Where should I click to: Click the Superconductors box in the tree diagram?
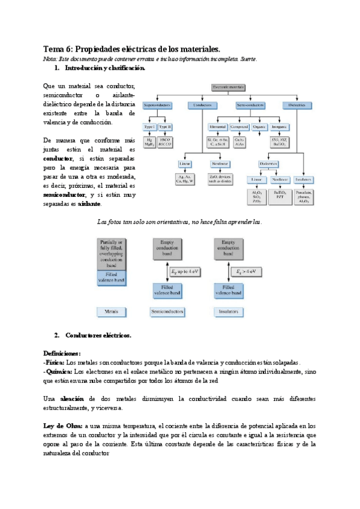tap(158, 105)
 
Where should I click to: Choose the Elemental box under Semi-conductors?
tap(217, 127)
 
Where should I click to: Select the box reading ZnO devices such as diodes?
tap(221, 180)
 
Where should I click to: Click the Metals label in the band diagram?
tap(111, 312)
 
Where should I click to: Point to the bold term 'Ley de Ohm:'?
tap(63, 426)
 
